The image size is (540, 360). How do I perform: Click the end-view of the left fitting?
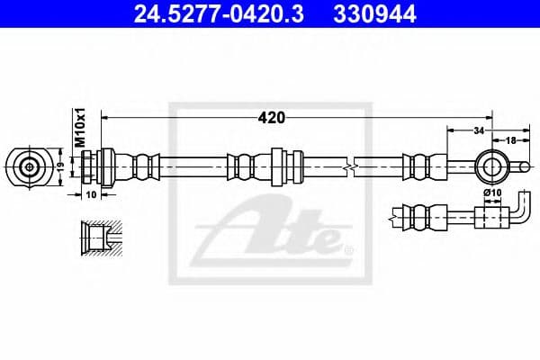pos(30,166)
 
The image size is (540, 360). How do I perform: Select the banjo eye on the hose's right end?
pos(492,166)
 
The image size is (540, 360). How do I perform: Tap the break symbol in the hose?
pos(352,166)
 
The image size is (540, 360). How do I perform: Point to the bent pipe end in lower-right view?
pos(521,211)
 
